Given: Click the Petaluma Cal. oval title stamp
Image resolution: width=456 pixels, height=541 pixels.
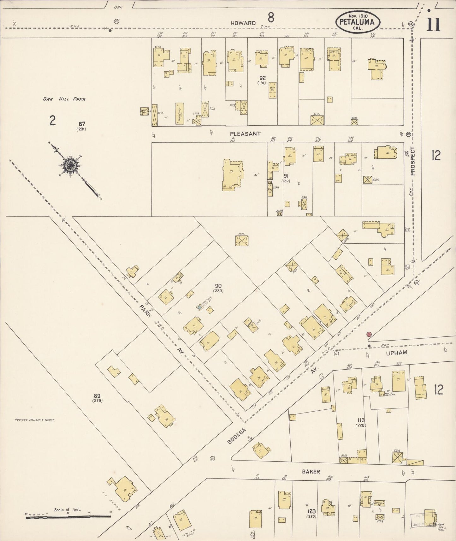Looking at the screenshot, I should (x=358, y=22).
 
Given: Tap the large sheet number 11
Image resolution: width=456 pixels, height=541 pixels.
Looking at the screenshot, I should (x=434, y=25).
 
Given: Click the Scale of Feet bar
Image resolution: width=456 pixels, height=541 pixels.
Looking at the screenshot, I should (x=68, y=517).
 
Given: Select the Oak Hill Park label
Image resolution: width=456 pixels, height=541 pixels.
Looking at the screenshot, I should (x=64, y=99).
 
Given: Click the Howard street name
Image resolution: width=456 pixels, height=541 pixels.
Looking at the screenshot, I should (x=243, y=23).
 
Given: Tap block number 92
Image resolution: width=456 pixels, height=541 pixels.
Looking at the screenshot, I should (x=262, y=78).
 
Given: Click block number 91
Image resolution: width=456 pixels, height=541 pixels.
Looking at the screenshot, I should (x=286, y=176).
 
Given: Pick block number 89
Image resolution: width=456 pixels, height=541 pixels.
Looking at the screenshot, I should (x=97, y=396).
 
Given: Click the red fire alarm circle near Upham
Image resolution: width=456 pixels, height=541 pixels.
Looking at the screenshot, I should (x=369, y=334).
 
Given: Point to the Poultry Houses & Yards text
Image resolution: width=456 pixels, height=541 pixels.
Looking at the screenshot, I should (x=35, y=420).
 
